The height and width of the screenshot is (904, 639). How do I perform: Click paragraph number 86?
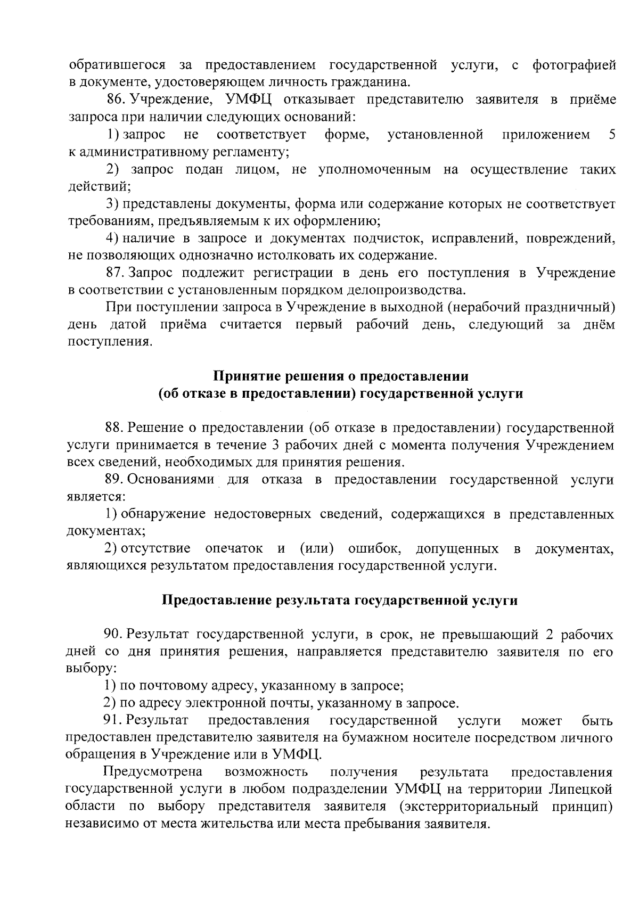pos(115,100)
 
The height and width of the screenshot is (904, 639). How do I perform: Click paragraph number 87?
pos(115,273)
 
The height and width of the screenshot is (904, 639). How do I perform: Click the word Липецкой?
pos(583,789)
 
